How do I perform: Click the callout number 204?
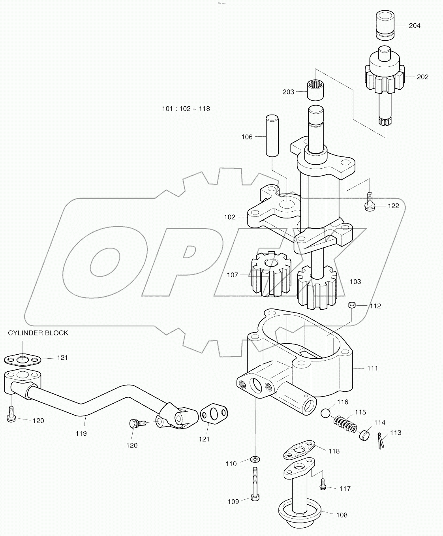click(414, 26)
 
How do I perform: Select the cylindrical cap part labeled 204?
click(385, 25)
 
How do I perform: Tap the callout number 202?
click(422, 77)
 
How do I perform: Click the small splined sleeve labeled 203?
click(315, 90)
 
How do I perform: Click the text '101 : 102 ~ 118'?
click(186, 109)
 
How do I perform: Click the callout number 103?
click(355, 282)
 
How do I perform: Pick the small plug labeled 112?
click(352, 305)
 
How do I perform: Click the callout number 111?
click(372, 368)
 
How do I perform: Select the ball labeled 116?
click(326, 414)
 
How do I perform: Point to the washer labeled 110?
click(255, 459)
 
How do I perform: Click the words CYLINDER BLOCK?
click(38, 333)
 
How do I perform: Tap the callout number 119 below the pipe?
click(81, 433)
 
